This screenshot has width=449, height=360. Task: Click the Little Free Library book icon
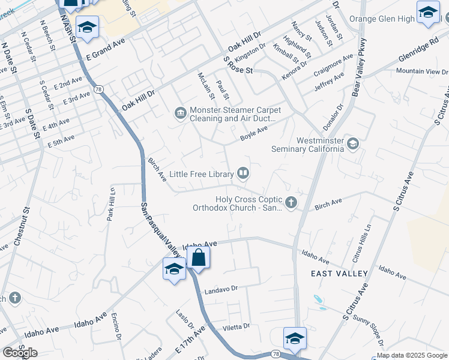click(243, 174)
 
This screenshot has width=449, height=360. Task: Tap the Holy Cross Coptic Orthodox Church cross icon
click(291, 202)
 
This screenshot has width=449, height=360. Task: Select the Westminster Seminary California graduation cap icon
click(353, 143)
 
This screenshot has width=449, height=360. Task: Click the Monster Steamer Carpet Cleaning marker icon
click(179, 113)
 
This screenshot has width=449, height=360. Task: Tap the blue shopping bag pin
click(198, 259)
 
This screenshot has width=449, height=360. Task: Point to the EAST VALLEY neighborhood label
click(339, 274)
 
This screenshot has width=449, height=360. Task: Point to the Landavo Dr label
click(221, 289)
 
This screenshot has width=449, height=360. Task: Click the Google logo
click(20, 353)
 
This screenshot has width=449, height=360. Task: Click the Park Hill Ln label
click(111, 204)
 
